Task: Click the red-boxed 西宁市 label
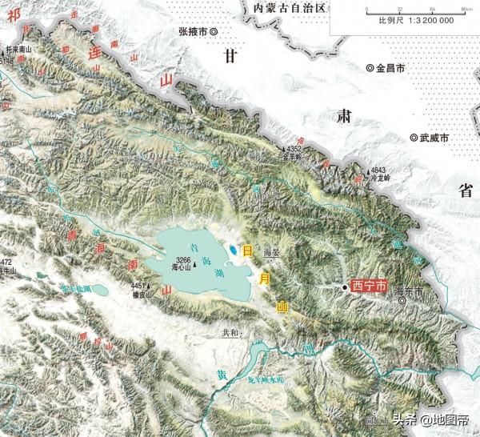[369, 285]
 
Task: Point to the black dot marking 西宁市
[345, 286]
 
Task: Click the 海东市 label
[409, 294]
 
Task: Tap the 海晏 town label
[272, 251]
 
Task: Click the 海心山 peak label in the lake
[182, 268]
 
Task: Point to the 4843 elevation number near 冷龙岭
[378, 170]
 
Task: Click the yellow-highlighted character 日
[248, 251]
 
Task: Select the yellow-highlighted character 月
[266, 278]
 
